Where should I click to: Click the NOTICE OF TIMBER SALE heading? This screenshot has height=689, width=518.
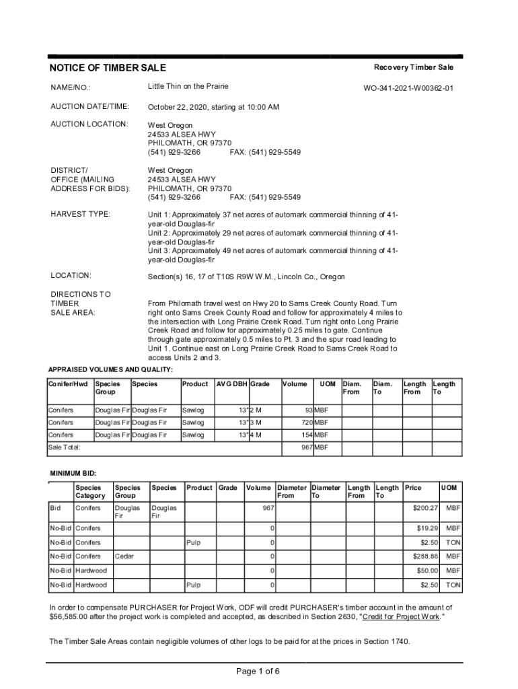(x=108, y=68)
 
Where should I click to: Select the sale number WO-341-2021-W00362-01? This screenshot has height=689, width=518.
(x=408, y=87)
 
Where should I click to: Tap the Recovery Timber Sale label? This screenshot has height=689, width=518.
(x=414, y=67)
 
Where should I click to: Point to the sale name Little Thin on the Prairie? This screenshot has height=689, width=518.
(x=188, y=86)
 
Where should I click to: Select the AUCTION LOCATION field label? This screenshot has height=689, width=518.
(x=89, y=124)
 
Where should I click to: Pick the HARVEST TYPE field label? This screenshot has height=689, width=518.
(x=81, y=214)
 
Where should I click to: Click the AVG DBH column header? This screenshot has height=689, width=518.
(x=231, y=384)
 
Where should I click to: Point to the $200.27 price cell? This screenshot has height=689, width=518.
(x=425, y=508)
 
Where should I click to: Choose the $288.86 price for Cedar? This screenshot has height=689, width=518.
(x=425, y=556)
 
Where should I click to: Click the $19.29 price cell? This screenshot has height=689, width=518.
(x=427, y=528)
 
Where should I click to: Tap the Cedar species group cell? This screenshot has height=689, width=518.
(x=124, y=556)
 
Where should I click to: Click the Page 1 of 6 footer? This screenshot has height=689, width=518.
(x=258, y=671)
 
